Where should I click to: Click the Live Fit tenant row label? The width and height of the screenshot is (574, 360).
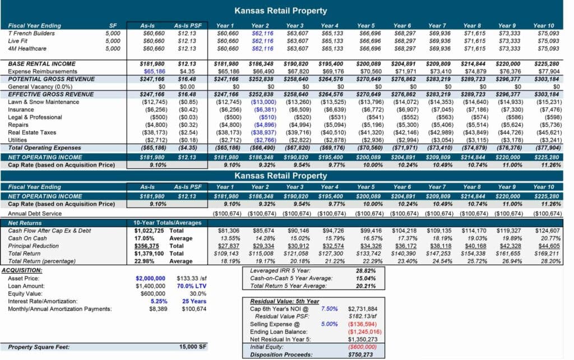[18, 41]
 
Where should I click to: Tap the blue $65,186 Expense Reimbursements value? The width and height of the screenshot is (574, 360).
[154, 72]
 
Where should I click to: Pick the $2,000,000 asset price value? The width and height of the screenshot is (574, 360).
[150, 278]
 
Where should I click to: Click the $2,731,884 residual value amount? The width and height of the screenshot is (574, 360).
[363, 309]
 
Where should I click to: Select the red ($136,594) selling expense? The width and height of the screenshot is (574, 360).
[363, 324]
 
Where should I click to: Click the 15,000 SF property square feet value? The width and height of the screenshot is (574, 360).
[193, 347]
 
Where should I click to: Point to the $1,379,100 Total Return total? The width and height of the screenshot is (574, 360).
[149, 253]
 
